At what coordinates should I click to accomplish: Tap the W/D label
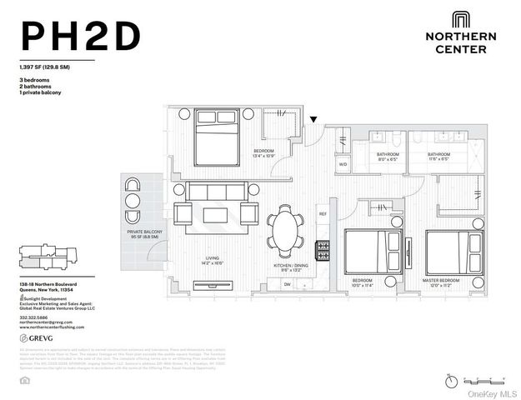[x=342, y=164]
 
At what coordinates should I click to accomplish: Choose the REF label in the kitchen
[x=323, y=214]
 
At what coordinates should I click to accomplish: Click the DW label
[x=287, y=284]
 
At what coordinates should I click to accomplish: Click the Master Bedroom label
[x=442, y=281]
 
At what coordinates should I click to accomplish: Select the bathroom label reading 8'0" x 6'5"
[x=387, y=157]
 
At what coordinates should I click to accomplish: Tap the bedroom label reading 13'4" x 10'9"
[x=265, y=153]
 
